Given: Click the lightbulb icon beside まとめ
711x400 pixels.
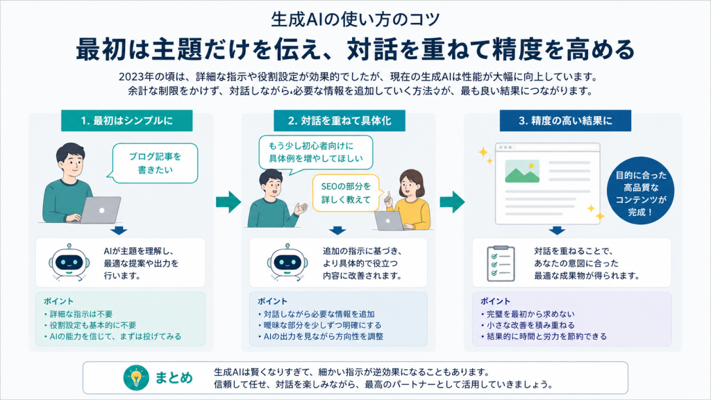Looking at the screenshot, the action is point(136,377).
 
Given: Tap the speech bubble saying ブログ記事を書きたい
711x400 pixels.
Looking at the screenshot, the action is point(155,163).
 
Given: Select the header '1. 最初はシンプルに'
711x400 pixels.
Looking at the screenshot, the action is point(127,121).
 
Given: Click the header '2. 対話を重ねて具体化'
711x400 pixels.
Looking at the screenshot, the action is point(339,121).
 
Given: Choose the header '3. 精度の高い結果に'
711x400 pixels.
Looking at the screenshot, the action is point(565,121).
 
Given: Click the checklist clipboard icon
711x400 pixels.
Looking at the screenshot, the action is point(501,263).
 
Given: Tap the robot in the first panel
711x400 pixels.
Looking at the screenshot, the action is point(69,262).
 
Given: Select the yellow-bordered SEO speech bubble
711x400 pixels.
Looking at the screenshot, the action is point(346,193).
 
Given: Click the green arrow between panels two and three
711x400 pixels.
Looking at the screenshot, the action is point(452,202).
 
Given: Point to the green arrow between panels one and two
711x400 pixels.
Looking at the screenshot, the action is point(228,202).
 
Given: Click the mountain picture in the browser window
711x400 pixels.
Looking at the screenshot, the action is point(522,171).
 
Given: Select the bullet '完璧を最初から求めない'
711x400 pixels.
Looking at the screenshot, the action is point(528,314).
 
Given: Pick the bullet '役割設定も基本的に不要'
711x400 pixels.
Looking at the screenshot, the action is point(90,325).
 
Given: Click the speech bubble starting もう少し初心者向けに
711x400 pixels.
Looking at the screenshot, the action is point(316,152).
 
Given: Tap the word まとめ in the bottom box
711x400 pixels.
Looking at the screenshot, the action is point(174,378).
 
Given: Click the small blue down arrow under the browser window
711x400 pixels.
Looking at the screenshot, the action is point(557,231).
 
